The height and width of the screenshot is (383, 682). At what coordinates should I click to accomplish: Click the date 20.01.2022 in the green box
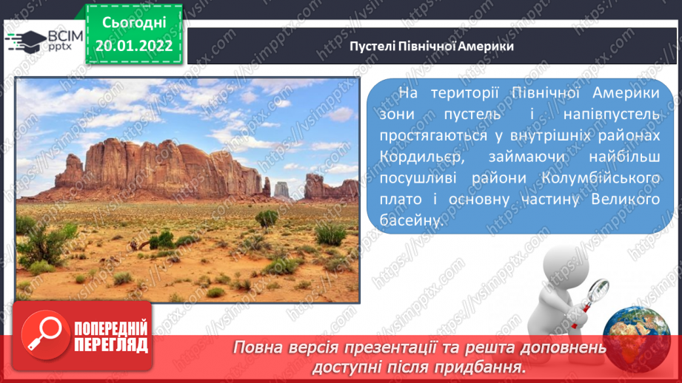pos(134,46)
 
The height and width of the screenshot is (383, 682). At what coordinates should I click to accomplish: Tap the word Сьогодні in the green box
pos(134,23)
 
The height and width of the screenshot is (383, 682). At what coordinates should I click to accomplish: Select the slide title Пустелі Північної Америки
pos(432,46)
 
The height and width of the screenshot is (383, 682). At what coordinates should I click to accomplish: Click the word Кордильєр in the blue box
pos(422,157)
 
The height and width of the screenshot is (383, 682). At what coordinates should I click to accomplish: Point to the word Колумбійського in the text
pos(601,178)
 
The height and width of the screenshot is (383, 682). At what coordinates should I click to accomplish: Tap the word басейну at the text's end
pos(412,220)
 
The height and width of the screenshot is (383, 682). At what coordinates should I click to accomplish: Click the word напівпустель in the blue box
pos(612,114)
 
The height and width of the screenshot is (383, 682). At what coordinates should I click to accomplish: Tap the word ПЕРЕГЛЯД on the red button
pos(111,345)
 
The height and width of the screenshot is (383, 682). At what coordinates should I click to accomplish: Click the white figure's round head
pos(564,263)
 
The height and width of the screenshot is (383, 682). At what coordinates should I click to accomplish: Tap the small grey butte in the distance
pos(281,190)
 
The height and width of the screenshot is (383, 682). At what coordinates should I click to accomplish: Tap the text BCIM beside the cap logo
pos(65,36)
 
